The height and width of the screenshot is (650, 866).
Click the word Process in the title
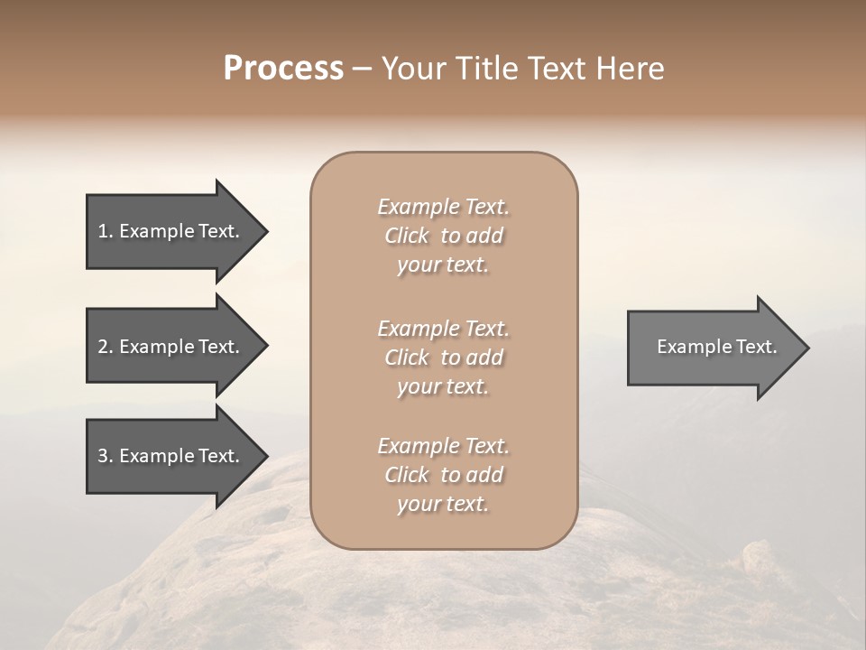coord(283,69)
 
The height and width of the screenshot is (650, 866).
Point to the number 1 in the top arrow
coord(103,231)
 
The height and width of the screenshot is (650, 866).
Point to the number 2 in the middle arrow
coord(103,347)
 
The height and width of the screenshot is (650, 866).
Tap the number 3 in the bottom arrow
coord(103,456)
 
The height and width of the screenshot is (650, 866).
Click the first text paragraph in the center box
coord(443,236)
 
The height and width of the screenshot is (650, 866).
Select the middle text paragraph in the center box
coord(443,357)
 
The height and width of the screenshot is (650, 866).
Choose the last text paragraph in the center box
coord(443,475)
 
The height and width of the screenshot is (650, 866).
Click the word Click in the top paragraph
coord(407,236)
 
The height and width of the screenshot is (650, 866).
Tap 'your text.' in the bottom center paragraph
coord(443,505)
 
